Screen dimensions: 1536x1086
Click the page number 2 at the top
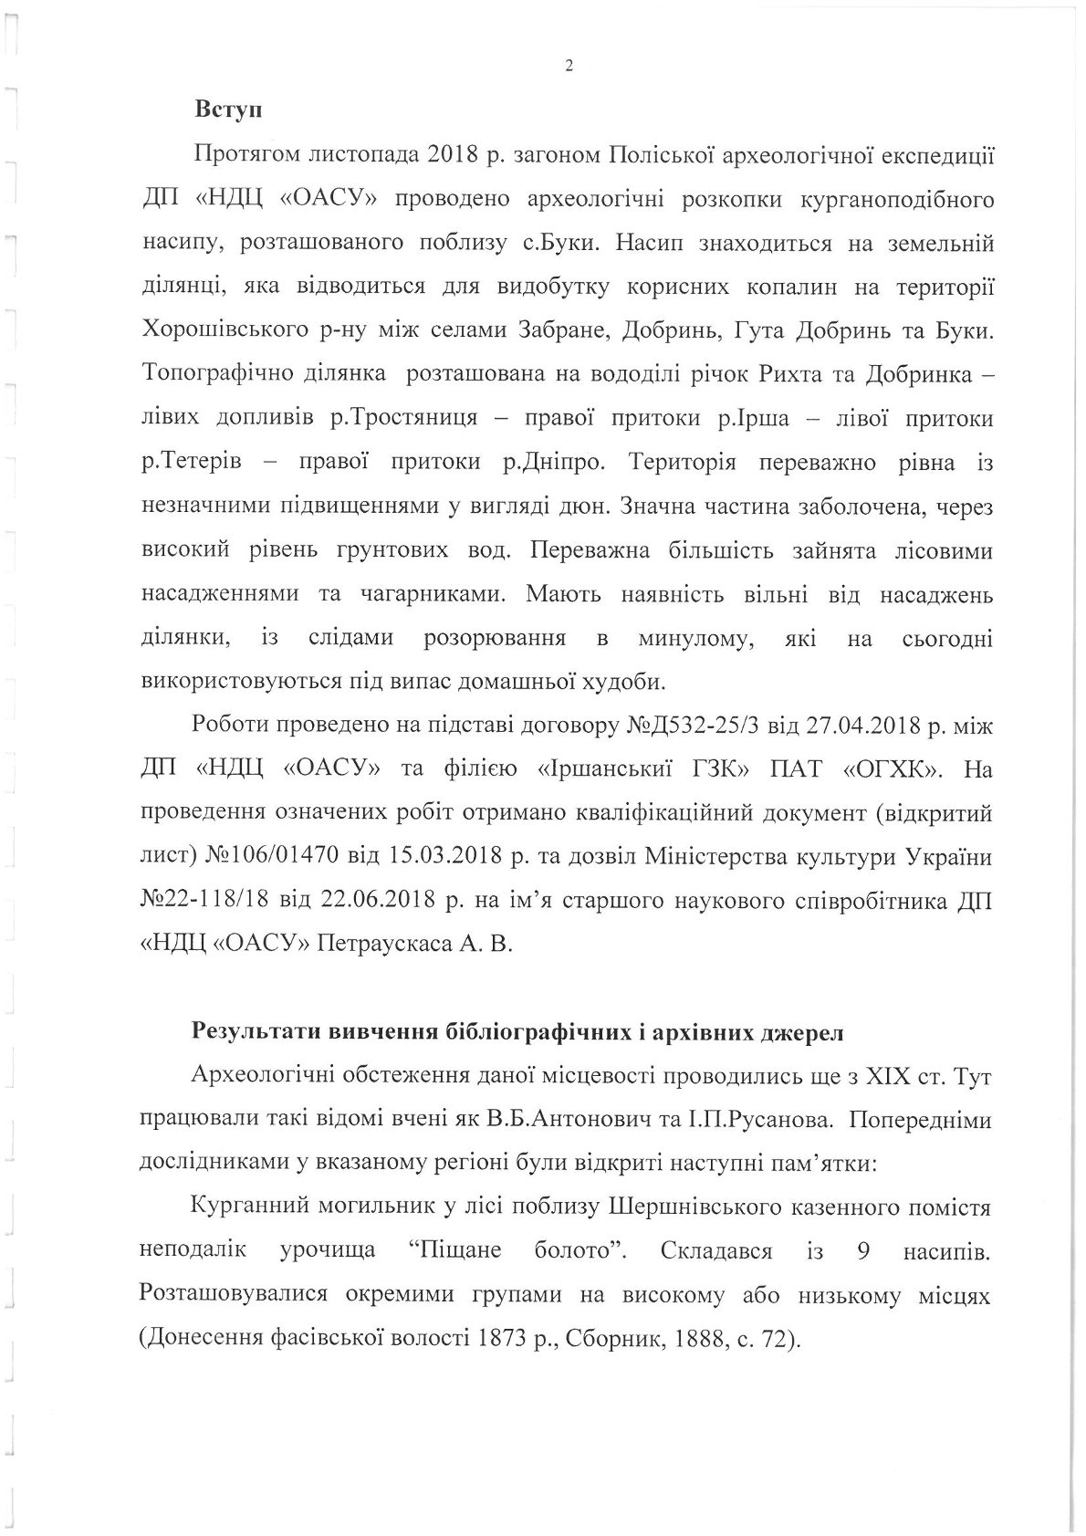569,66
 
